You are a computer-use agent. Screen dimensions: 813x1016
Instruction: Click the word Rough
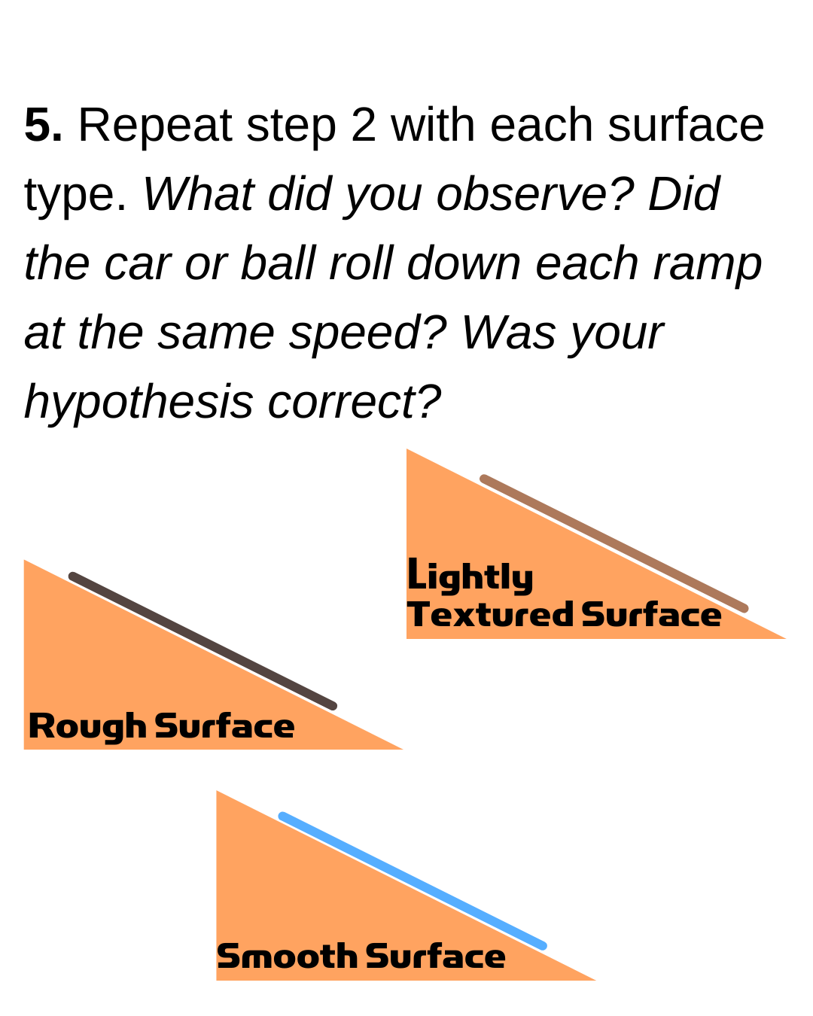87,726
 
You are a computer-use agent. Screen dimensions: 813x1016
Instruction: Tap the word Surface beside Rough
224,726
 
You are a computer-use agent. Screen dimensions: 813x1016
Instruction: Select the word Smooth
287,957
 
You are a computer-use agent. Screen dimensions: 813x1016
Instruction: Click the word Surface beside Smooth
435,957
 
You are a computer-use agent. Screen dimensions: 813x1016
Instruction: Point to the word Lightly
470,577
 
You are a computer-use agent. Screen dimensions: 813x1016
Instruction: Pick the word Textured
491,614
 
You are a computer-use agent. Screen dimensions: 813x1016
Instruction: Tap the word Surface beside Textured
651,614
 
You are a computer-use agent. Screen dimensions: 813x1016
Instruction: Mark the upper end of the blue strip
282,816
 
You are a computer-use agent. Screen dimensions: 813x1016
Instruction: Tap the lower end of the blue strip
543,946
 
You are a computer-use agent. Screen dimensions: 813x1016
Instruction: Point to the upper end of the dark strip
72,576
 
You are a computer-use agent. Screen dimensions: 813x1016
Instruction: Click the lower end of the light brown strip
744,608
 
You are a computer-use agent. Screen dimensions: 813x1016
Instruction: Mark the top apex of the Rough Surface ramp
25,561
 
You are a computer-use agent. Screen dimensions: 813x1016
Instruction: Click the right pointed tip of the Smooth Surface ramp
595,979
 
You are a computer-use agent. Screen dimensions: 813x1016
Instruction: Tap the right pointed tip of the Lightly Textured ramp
785,638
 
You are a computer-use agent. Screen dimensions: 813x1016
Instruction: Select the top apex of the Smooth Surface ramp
218,792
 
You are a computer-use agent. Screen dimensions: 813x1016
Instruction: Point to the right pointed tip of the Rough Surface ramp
402,749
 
